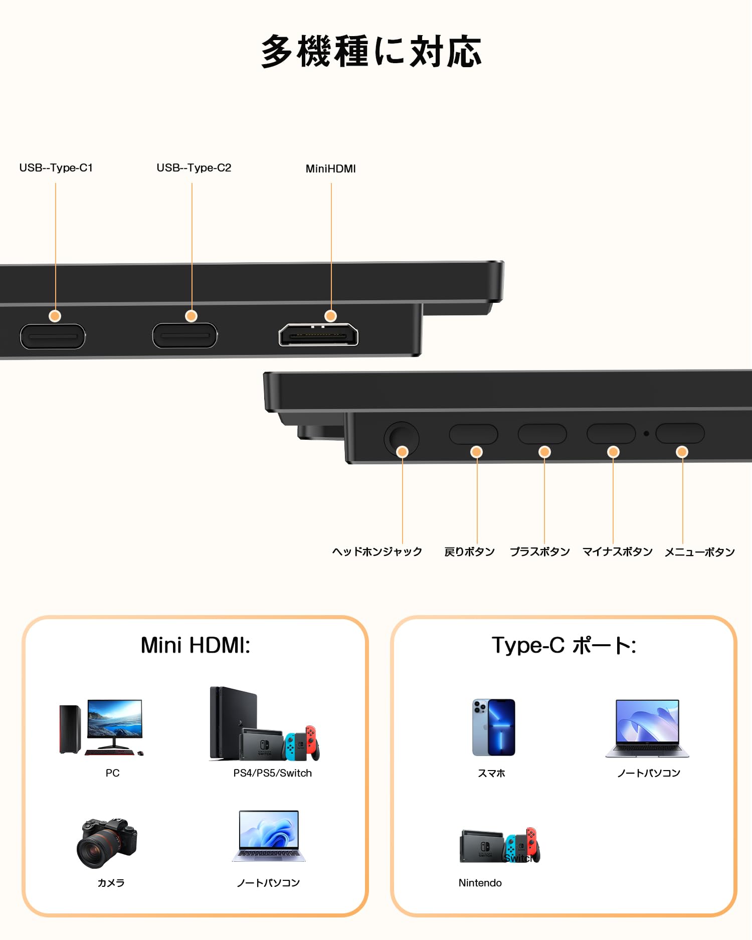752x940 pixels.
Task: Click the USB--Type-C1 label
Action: tap(56, 168)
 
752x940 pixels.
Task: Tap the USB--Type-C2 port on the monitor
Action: tap(184, 335)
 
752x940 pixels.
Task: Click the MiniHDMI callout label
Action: tap(331, 169)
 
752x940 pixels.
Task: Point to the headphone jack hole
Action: tap(401, 437)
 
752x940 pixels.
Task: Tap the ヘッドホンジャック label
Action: tap(377, 551)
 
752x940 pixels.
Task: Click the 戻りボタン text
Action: tap(469, 551)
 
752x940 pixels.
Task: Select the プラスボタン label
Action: tap(539, 551)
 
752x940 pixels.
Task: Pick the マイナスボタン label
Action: tap(617, 551)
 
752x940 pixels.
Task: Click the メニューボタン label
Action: tap(699, 552)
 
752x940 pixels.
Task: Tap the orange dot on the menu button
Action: tap(682, 452)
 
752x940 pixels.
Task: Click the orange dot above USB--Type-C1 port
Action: tap(55, 316)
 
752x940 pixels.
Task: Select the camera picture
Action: tap(107, 843)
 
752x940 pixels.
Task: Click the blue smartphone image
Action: tap(494, 727)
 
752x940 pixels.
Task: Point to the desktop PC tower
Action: tap(70, 729)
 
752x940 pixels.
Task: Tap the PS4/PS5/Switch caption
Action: tap(272, 773)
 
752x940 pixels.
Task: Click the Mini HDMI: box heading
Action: tap(196, 645)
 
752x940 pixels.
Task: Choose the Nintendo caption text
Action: tap(480, 883)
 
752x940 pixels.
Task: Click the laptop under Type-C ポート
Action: tap(647, 728)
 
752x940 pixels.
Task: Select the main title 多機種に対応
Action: tap(371, 51)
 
